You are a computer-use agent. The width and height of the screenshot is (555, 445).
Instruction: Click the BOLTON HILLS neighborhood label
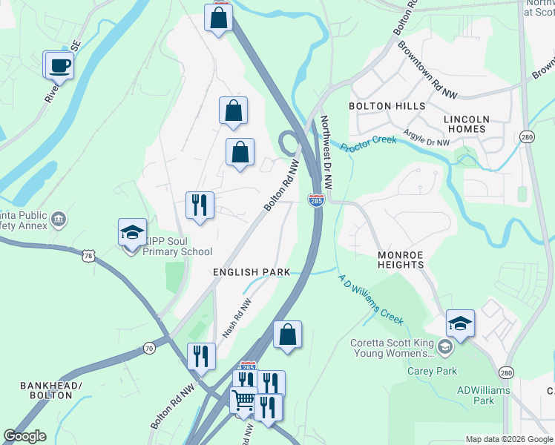coord(387,106)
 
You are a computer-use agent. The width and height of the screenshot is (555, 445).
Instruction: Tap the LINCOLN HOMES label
coord(466,124)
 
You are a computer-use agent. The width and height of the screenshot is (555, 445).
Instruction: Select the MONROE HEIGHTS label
coord(401,260)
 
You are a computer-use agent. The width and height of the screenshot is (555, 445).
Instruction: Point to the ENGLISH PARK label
coord(251,273)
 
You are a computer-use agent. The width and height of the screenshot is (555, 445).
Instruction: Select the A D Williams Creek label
coord(370,300)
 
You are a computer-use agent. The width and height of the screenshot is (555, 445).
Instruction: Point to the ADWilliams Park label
coord(474,395)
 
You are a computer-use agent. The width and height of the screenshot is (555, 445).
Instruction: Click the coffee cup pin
coord(59,65)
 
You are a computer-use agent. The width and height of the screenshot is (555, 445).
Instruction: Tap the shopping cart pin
coord(243,401)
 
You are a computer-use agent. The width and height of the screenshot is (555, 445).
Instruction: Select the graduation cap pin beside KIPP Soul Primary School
coord(132,233)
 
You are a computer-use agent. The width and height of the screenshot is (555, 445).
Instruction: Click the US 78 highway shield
coord(88,255)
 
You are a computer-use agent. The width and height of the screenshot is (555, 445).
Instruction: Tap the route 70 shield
coord(149,347)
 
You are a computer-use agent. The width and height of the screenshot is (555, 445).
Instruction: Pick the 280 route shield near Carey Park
coord(505,372)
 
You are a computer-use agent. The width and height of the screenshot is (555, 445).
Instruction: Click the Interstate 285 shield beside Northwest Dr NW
coord(316,200)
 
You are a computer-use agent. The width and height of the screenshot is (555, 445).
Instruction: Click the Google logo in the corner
coord(24,436)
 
